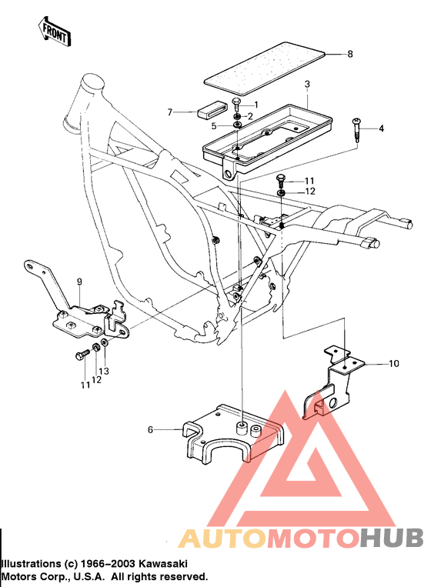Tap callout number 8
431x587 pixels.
pos(349,54)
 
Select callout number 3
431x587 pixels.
pos(307,83)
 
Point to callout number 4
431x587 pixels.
pos(380,128)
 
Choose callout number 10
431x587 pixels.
pos(393,362)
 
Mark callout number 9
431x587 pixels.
pos(79,282)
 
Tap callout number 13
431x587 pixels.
pos(105,371)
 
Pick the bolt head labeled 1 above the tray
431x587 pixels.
pos(236,102)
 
